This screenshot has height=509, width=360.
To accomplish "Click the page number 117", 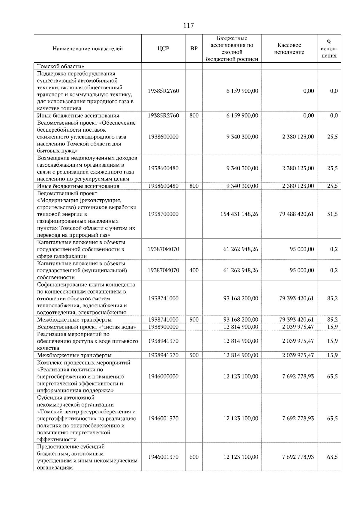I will click(188, 26).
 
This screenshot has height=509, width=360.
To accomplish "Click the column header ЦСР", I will click(163, 49).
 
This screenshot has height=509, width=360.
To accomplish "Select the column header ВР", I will click(194, 49).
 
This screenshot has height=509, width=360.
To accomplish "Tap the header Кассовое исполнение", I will click(289, 49).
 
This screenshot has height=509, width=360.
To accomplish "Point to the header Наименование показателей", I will click(88, 49).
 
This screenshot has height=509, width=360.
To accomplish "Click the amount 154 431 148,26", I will click(239, 214).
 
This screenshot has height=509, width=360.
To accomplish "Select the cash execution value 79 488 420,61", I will click(296, 214).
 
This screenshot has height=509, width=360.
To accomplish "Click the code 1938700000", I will click(163, 214).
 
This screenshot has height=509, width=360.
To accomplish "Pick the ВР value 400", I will click(194, 270).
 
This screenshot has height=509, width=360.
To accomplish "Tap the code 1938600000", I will click(163, 137).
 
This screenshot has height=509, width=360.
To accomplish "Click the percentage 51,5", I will click(332, 214).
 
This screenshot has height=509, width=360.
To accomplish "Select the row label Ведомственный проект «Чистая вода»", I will click(86, 327).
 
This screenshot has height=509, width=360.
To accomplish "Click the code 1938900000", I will click(163, 327).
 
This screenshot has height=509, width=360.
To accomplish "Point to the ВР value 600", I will click(194, 457).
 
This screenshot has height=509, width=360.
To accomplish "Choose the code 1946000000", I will click(163, 377).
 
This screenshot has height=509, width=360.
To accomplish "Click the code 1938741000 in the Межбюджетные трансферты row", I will click(163, 320).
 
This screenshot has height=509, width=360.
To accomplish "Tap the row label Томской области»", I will click(60, 66).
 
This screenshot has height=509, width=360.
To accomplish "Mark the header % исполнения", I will click(329, 49).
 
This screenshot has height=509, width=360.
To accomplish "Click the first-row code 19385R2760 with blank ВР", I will click(163, 91).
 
